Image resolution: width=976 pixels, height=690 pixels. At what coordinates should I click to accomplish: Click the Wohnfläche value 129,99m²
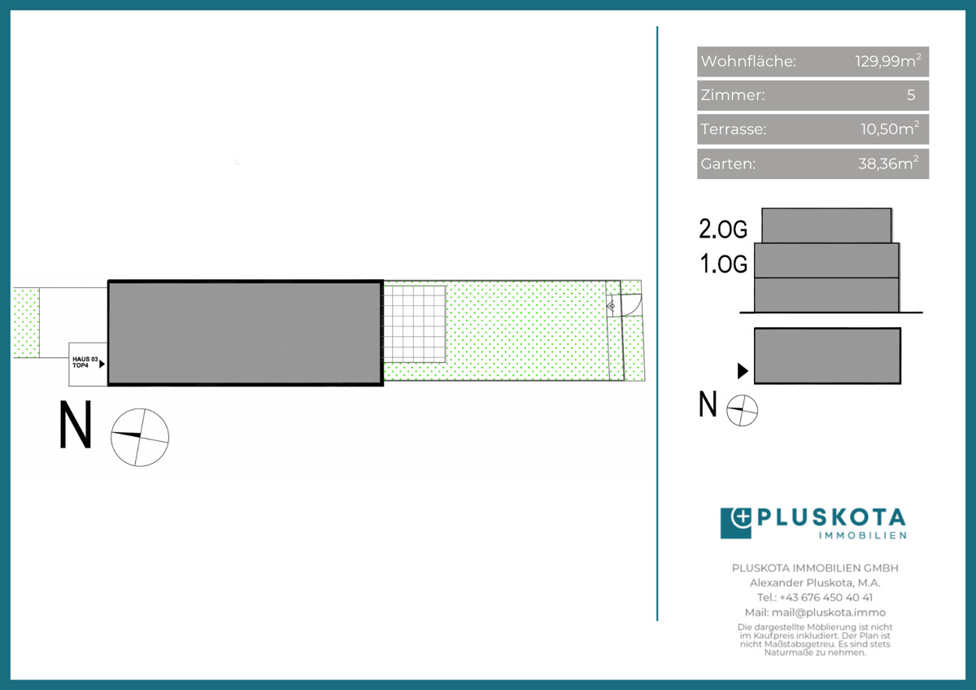[x=888, y=61]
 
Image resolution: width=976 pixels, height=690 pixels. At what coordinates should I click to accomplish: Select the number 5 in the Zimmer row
[x=911, y=95]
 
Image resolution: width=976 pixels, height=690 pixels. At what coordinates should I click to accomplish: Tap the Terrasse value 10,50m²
[x=890, y=129]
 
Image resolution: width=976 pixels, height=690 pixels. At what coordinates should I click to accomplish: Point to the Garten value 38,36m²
[x=888, y=164]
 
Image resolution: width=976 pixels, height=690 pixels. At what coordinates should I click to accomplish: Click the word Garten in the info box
[x=728, y=164]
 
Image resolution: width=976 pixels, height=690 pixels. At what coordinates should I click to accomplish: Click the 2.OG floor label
[x=723, y=229]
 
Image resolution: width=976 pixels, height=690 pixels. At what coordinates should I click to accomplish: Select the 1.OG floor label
[x=723, y=264]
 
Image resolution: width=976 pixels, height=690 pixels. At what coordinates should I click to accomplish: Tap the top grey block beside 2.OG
[x=826, y=225]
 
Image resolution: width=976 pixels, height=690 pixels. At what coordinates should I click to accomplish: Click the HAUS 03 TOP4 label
[x=85, y=362]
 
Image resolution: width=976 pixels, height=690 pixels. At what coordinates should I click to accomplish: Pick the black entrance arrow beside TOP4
[x=102, y=364]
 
